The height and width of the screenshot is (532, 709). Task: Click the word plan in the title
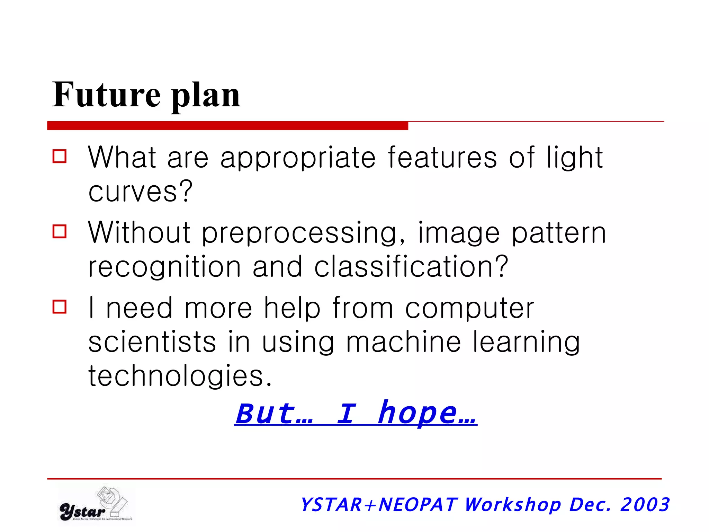point(206,97)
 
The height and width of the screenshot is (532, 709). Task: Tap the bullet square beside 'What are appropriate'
point(60,156)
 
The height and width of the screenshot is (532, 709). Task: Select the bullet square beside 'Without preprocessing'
point(60,231)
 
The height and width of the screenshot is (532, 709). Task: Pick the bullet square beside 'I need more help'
point(60,307)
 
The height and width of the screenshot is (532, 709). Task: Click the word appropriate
point(298,159)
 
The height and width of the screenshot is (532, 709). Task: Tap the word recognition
point(164,267)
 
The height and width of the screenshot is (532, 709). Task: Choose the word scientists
point(152,342)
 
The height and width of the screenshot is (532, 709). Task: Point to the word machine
point(403,342)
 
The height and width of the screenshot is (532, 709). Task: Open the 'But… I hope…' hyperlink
point(356,414)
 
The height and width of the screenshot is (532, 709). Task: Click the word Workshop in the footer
point(512,505)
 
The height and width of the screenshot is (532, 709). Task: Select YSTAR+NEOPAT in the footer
point(379,505)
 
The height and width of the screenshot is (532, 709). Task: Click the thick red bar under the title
point(227,126)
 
